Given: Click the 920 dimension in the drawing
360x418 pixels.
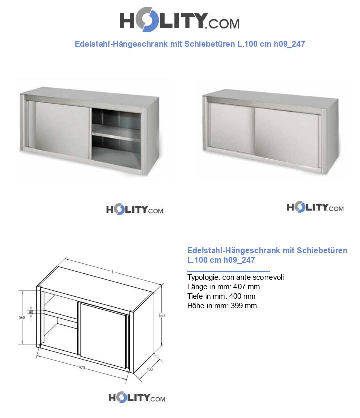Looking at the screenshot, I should [x=82, y=368].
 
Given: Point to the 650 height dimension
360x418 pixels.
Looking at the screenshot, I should [x=161, y=315].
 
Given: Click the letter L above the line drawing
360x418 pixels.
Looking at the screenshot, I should [x=113, y=272].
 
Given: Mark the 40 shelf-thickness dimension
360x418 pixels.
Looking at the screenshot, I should [x=31, y=312].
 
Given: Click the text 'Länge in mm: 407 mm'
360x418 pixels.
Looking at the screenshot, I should [x=223, y=287].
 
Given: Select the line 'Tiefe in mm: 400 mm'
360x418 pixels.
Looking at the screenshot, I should [x=221, y=296].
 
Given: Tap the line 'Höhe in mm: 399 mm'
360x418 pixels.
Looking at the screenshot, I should [x=222, y=306].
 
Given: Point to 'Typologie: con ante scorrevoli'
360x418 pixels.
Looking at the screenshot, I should [x=235, y=277].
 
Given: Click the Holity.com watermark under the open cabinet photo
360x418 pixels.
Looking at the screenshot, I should [x=134, y=209].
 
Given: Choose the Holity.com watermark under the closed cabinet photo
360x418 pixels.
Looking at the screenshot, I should [x=315, y=207].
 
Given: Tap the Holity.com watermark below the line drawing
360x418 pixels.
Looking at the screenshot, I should [x=137, y=398].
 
